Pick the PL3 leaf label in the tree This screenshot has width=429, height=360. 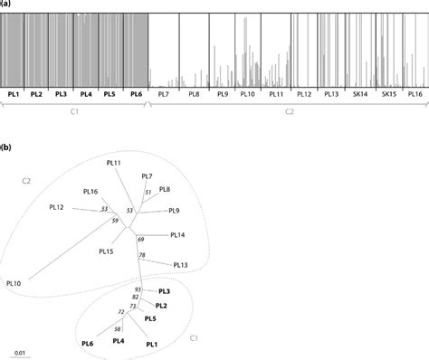(x=165, y=291)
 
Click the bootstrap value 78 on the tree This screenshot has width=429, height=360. (x=142, y=256)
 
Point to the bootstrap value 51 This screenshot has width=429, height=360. (x=148, y=193)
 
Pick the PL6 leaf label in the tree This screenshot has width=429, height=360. (x=88, y=343)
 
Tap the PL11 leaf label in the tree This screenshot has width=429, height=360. (x=113, y=163)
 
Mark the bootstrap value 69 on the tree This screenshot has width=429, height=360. (x=141, y=239)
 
